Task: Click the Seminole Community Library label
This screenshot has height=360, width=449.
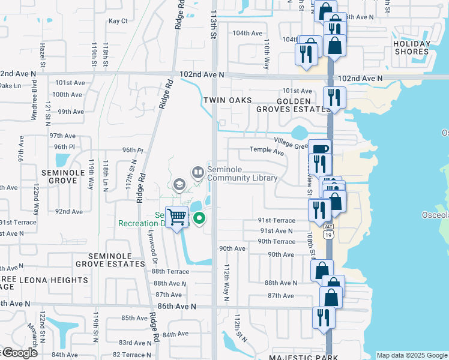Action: (243, 173)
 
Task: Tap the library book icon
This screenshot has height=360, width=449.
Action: (197, 173)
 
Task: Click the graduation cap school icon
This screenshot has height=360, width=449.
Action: (178, 185)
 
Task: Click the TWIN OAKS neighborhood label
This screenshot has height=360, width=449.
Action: (226, 101)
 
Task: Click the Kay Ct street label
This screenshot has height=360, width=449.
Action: (118, 21)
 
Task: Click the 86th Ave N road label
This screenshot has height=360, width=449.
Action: (176, 306)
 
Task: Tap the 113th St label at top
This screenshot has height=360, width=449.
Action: (212, 24)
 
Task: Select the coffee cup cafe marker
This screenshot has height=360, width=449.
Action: (319, 149)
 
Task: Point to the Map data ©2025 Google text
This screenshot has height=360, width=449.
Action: (412, 355)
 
